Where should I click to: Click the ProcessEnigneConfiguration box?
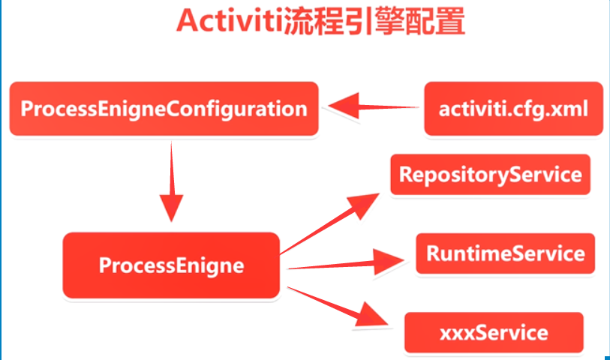point(164,109)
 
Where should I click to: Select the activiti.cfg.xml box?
point(512,109)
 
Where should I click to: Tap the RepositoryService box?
point(490,175)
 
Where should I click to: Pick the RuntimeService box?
point(505,253)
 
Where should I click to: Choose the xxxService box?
point(493,331)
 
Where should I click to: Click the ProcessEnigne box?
point(171,265)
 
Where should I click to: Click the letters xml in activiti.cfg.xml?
point(569,109)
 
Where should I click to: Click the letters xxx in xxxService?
point(455,331)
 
